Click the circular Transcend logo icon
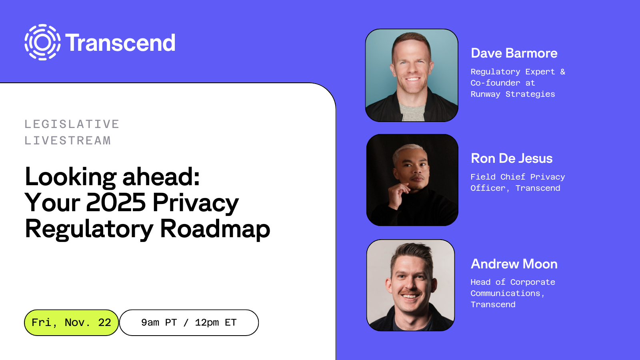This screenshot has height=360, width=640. [42, 42]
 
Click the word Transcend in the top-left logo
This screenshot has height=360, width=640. [120, 43]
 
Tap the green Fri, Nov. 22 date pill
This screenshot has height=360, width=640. [71, 322]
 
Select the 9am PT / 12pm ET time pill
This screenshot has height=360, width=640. [189, 322]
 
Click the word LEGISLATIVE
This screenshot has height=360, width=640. [72, 124]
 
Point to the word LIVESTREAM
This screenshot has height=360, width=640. [68, 140]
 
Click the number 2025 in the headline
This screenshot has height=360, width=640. [116, 202]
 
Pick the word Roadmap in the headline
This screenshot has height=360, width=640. [215, 229]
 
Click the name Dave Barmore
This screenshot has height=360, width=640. [514, 53]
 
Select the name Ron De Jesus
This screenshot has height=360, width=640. [512, 158]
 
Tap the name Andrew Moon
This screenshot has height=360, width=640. [514, 264]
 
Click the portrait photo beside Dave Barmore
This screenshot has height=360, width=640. [412, 75]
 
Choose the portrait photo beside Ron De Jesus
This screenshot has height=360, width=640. [412, 180]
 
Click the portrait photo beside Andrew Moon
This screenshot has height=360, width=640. [411, 285]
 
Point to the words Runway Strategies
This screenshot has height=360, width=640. [513, 94]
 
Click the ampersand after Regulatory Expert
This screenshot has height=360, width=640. [562, 72]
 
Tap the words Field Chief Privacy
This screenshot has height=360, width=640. [518, 177]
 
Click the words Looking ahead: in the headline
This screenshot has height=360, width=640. [112, 176]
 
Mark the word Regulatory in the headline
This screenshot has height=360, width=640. [89, 229]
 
